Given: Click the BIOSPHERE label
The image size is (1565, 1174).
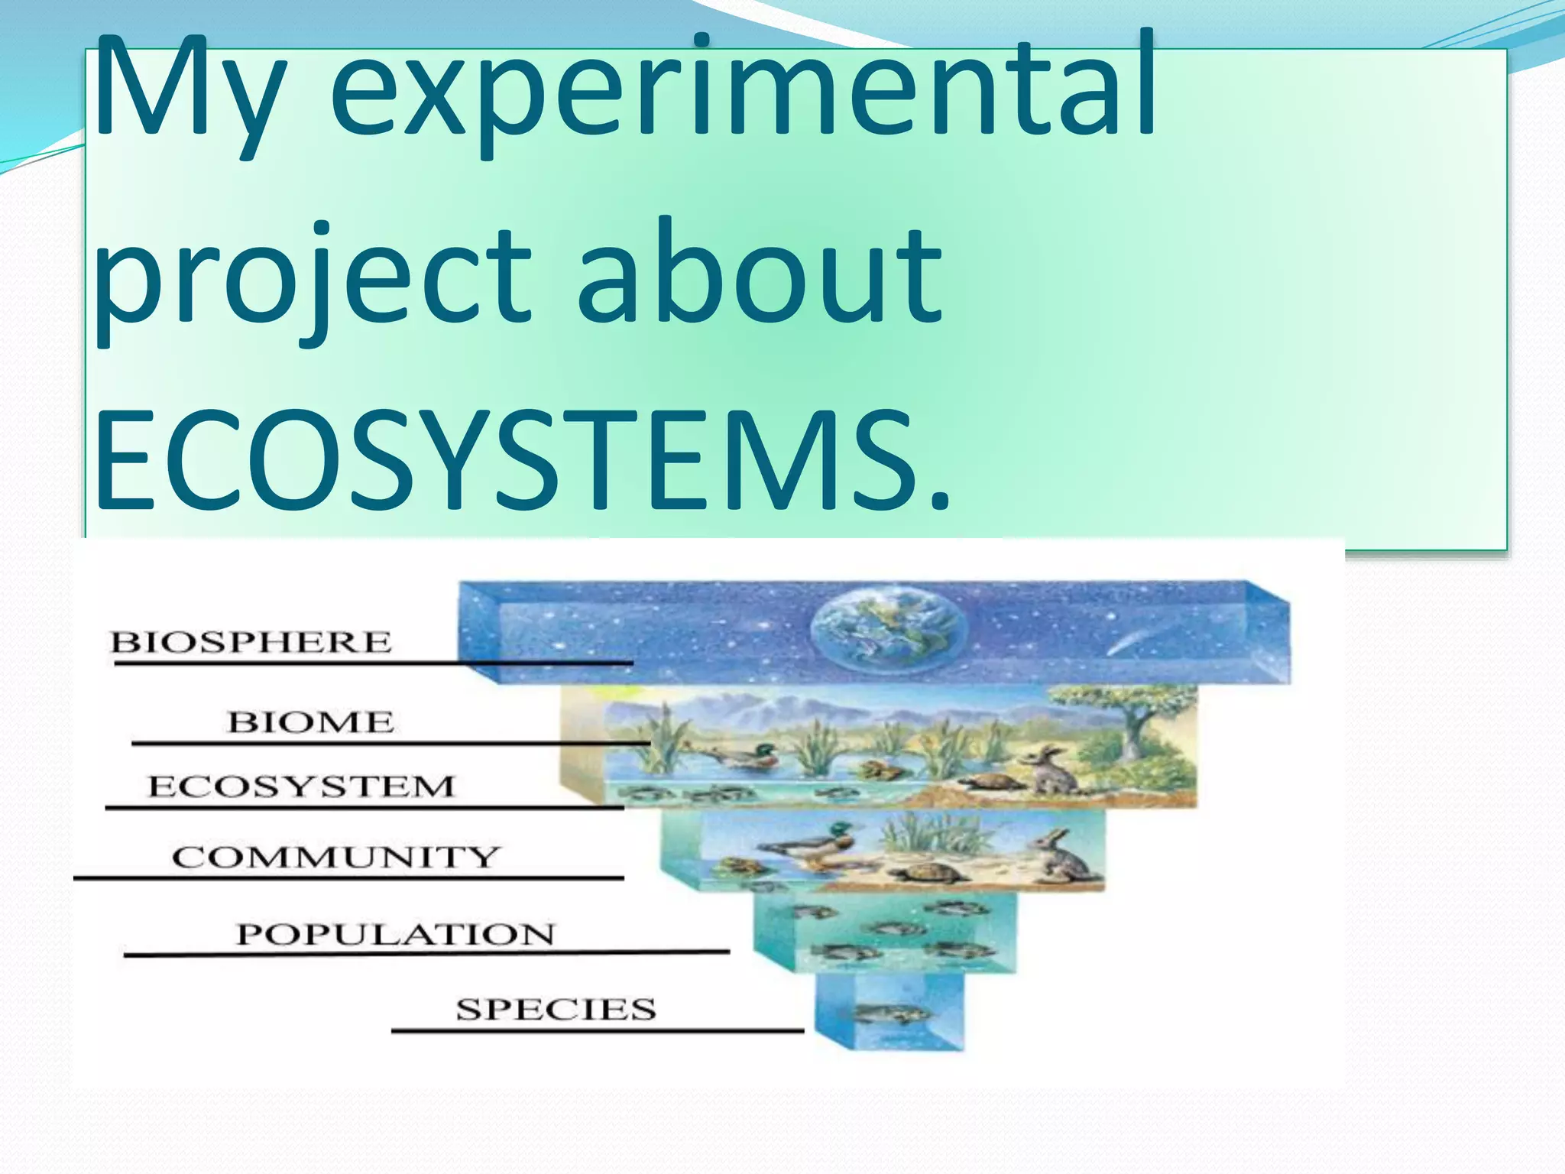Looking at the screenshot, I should [x=251, y=642].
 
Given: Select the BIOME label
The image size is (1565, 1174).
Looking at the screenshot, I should [x=310, y=722].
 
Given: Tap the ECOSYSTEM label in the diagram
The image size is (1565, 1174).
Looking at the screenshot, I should [x=301, y=786].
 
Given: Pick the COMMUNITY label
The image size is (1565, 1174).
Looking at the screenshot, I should [x=335, y=857].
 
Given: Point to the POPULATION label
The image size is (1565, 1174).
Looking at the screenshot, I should [x=395, y=934].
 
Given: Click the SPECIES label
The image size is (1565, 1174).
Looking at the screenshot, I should [x=556, y=1009].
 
